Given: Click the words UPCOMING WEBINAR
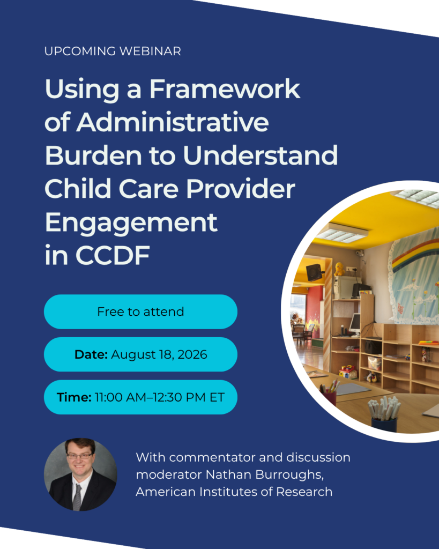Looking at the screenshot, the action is pyautogui.click(x=113, y=51).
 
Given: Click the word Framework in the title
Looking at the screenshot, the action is pyautogui.click(x=225, y=88).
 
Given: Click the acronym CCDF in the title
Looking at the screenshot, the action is pyautogui.click(x=113, y=255).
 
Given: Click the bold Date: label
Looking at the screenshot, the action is pyautogui.click(x=91, y=354).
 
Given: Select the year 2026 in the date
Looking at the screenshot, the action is pyautogui.click(x=192, y=354).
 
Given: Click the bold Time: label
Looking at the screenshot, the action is pyautogui.click(x=74, y=397).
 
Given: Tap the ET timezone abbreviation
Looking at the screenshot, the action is pyautogui.click(x=217, y=397).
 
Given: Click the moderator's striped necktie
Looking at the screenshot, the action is pyautogui.click(x=77, y=497).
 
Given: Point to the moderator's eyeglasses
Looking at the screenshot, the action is pyautogui.click(x=79, y=456).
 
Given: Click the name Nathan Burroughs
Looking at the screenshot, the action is pyautogui.click(x=264, y=474).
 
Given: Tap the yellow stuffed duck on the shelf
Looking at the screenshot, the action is pyautogui.click(x=339, y=269).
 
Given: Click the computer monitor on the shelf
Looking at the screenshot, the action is pyautogui.click(x=355, y=322).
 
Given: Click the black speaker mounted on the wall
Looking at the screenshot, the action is pyautogui.click(x=314, y=272).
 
